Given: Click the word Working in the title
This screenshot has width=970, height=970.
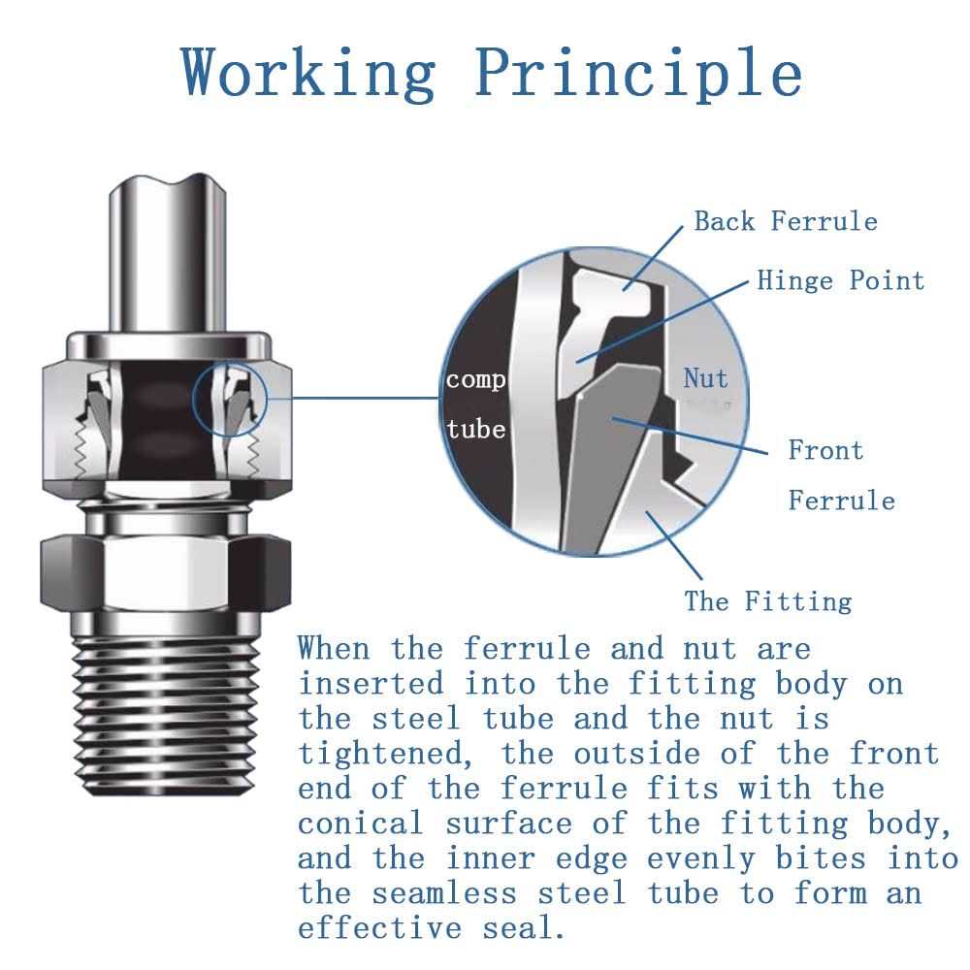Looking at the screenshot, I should point(309,73).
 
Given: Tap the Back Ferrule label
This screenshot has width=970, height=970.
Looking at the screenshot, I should point(785,221).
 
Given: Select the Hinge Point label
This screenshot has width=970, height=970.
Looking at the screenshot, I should point(840,281).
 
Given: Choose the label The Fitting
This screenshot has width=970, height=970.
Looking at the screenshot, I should point(767,600).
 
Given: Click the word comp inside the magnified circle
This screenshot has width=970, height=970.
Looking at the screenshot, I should point(475,379).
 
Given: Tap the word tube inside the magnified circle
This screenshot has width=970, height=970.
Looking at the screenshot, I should point(475,428).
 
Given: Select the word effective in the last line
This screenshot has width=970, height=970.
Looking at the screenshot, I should point(380,928).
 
